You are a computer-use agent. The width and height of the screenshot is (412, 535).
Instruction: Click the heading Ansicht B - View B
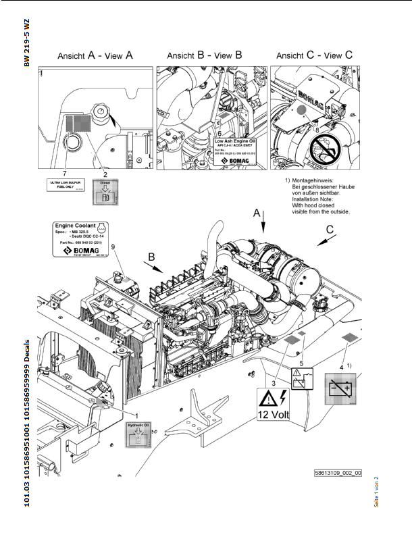(x=203, y=57)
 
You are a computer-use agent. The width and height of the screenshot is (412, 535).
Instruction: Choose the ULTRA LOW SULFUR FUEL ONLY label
(x=66, y=185)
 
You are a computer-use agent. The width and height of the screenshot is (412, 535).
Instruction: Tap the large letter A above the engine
(x=257, y=213)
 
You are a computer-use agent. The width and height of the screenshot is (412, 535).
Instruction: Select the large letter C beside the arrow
(x=329, y=231)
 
